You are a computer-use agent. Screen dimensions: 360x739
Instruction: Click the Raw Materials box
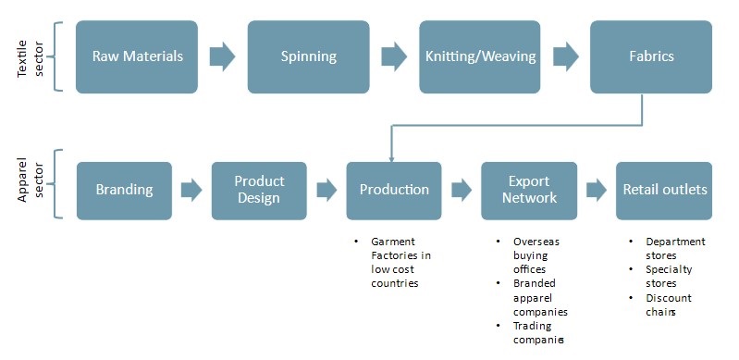tap(137, 56)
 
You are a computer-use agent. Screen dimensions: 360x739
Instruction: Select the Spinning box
tap(308, 56)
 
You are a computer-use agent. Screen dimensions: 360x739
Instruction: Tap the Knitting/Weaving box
tap(479, 56)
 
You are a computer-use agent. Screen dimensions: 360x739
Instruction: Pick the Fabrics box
tap(650, 56)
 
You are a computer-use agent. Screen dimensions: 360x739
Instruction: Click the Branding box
tap(124, 191)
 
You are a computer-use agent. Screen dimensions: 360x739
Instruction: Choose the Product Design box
tap(259, 191)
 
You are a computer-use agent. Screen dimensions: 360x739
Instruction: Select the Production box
tap(394, 191)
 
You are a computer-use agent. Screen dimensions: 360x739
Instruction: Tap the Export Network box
tap(529, 191)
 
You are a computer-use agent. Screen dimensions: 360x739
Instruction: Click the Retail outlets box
tap(664, 191)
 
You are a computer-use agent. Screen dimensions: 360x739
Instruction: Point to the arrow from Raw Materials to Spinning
tap(222, 56)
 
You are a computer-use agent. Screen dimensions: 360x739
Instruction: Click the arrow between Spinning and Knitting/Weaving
tap(393, 56)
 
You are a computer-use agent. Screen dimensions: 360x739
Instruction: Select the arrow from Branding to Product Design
tap(191, 191)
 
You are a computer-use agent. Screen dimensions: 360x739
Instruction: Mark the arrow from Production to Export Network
tap(462, 191)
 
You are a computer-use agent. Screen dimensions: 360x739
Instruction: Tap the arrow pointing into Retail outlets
tap(597, 191)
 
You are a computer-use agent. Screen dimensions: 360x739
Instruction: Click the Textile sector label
tap(30, 56)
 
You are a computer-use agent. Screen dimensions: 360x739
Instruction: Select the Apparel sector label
tap(30, 185)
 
